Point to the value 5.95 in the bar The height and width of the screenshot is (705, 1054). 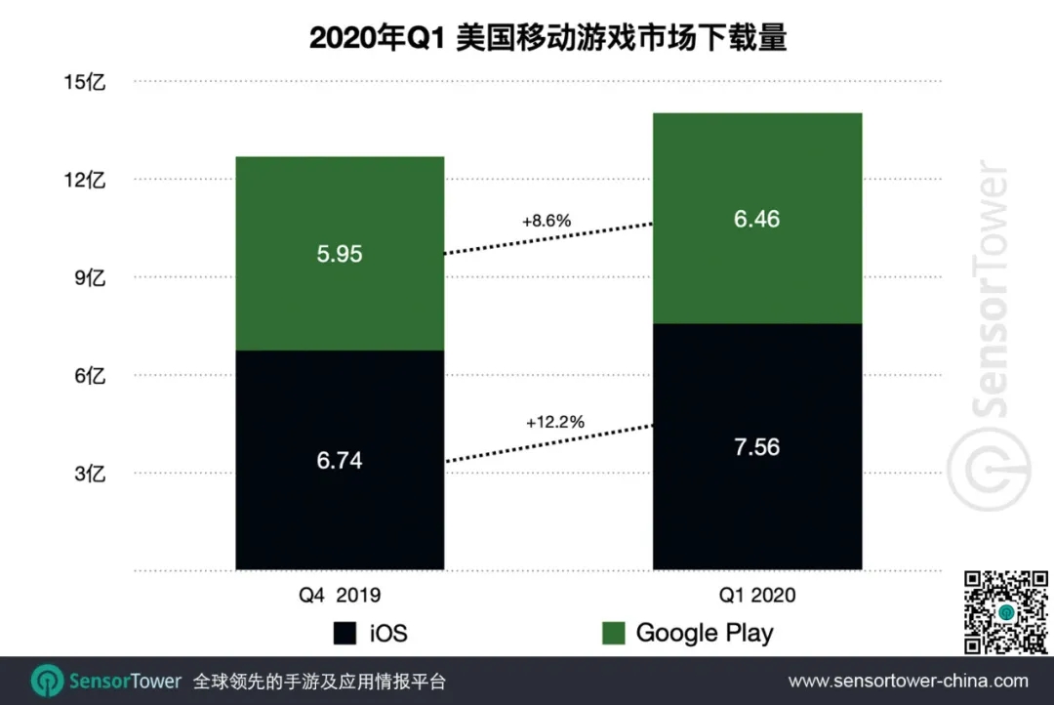tap(340, 254)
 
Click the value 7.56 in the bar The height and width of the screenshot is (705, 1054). tap(756, 447)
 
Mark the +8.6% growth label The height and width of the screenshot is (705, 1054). tap(547, 222)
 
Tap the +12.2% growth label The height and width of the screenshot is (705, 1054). tap(554, 423)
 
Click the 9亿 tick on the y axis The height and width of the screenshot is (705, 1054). tap(89, 278)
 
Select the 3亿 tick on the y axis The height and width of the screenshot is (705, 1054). tap(89, 475)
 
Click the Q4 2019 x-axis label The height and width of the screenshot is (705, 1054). tap(340, 595)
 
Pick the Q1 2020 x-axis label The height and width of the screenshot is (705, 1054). tap(757, 595)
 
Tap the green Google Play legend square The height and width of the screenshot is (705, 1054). tap(613, 633)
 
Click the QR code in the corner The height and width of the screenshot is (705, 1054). tap(1004, 612)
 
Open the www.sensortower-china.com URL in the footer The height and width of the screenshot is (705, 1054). tap(908, 681)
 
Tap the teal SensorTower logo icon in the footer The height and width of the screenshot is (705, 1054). tap(47, 681)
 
